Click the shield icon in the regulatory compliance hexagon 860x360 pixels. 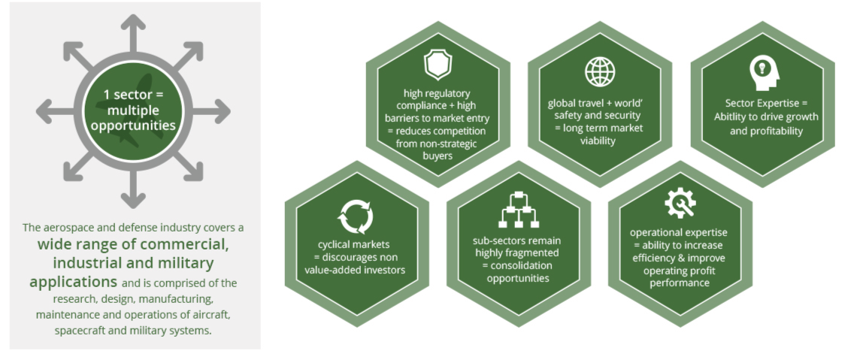click(438, 65)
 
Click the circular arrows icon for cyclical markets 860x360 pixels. click(355, 216)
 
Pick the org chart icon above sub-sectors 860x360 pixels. click(518, 210)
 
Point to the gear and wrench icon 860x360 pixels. click(680, 203)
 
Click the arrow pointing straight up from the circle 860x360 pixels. click(133, 35)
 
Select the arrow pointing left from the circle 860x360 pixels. click(56, 111)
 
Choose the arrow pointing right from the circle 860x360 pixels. click(210, 111)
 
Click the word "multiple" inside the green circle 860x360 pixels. click(133, 110)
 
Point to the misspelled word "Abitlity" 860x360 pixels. click(733, 116)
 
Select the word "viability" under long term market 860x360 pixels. click(599, 141)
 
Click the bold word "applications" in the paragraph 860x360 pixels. click(73, 282)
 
